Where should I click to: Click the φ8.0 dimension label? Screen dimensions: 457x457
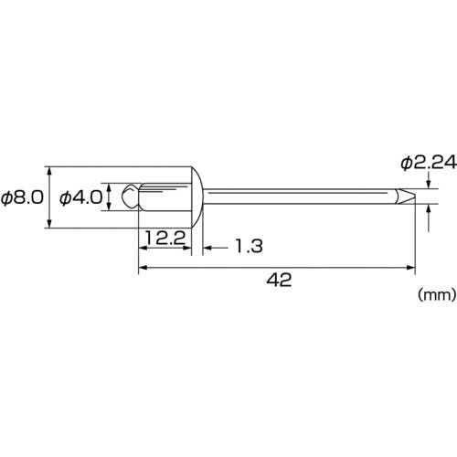click(22, 198)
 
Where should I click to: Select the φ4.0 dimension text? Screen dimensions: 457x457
click(81, 198)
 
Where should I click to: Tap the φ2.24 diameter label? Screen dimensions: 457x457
click(429, 163)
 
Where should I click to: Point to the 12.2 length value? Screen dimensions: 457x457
click(165, 238)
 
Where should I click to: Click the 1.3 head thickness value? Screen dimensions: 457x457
click(250, 246)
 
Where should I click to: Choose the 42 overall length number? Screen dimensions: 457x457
click(279, 280)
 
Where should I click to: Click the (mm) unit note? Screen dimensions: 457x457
click(437, 295)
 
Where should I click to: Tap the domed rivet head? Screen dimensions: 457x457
click(197, 197)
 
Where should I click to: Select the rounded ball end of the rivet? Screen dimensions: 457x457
click(130, 197)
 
